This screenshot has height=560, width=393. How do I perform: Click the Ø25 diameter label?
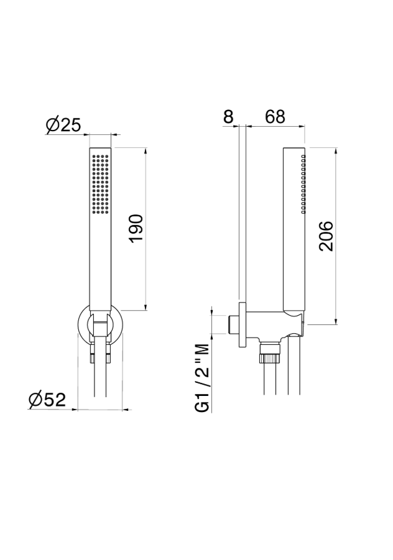(63, 125)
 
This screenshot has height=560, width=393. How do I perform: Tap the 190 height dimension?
(136, 229)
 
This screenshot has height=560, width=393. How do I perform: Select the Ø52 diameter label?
(47, 400)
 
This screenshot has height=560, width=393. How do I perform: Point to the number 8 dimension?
(228, 116)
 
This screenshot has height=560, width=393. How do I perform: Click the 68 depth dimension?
(275, 116)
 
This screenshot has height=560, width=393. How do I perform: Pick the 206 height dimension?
(326, 236)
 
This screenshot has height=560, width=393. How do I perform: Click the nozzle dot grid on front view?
(100, 185)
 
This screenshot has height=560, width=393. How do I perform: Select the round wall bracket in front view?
(100, 325)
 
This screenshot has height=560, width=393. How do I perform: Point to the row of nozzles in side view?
(303, 185)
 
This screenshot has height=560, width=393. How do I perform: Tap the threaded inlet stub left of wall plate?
(233, 325)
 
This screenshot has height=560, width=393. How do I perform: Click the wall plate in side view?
(242, 324)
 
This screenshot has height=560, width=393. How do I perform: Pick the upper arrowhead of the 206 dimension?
(336, 151)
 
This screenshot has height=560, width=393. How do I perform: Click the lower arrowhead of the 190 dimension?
(146, 307)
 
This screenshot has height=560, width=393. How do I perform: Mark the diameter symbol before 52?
(35, 400)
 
